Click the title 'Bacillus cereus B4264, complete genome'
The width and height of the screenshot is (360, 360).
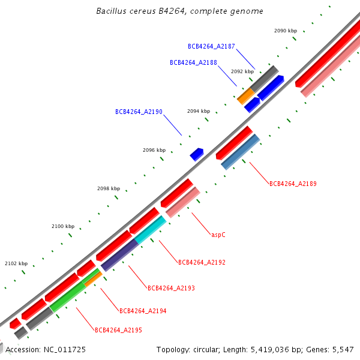pos(179,11)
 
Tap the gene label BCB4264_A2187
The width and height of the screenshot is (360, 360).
pos(211,46)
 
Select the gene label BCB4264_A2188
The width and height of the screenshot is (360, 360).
pos(193,62)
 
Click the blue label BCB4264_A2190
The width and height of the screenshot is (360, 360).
pos(139,112)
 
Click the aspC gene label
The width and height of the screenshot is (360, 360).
pos(218,235)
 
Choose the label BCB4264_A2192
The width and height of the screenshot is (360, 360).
pos(202,263)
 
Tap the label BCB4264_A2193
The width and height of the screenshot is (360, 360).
pos(171,289)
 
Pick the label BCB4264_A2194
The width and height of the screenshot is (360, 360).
pos(143,311)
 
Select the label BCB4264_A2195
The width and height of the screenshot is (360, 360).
pos(118,331)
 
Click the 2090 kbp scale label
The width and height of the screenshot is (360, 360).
pos(286,31)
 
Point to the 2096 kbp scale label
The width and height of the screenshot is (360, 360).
pos(154,151)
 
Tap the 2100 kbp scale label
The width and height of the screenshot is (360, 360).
pos(63,227)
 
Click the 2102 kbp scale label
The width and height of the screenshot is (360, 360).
pos(16,263)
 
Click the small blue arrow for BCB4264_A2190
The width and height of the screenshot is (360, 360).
pos(197,154)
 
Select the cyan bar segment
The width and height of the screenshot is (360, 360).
pos(150,230)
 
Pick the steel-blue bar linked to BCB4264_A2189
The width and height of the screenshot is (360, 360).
pos(240,152)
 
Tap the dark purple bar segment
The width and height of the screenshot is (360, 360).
pos(119,255)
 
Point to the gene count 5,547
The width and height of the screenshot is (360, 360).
pos(342,349)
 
